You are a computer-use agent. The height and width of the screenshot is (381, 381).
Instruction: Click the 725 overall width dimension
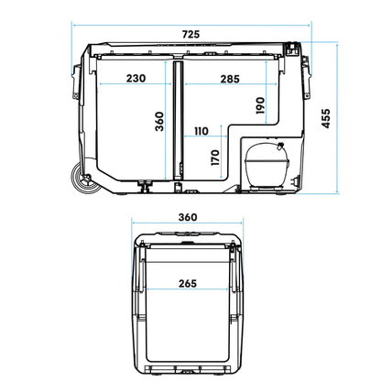pos(190,35)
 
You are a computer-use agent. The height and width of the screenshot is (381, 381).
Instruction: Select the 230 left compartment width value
pos(136,80)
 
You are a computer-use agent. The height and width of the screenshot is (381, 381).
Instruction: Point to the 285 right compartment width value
pos(230,80)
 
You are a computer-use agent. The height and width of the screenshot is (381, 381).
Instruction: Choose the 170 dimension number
pos(215,157)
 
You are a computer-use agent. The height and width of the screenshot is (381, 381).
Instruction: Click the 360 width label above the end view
pos(188,218)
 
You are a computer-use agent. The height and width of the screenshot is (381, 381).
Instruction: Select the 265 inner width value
pos(190,283)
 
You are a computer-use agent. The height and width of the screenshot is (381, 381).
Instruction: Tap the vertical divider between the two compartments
pos(175,119)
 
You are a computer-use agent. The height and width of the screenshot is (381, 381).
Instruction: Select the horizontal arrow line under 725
pos(190,26)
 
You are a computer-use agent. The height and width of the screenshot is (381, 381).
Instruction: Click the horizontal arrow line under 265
pos(190,292)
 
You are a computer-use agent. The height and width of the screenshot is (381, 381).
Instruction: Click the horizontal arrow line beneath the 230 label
pos(136,87)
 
